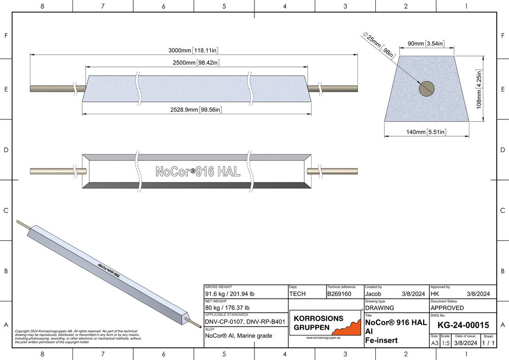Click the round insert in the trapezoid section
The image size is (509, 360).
[426, 88]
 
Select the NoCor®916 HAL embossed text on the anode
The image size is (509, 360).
[197, 172]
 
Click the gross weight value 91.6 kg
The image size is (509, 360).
[230, 294]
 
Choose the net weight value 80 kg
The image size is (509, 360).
[227, 308]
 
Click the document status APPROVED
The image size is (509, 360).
[447, 308]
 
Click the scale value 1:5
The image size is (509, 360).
[445, 343]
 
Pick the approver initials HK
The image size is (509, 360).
[434, 294]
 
